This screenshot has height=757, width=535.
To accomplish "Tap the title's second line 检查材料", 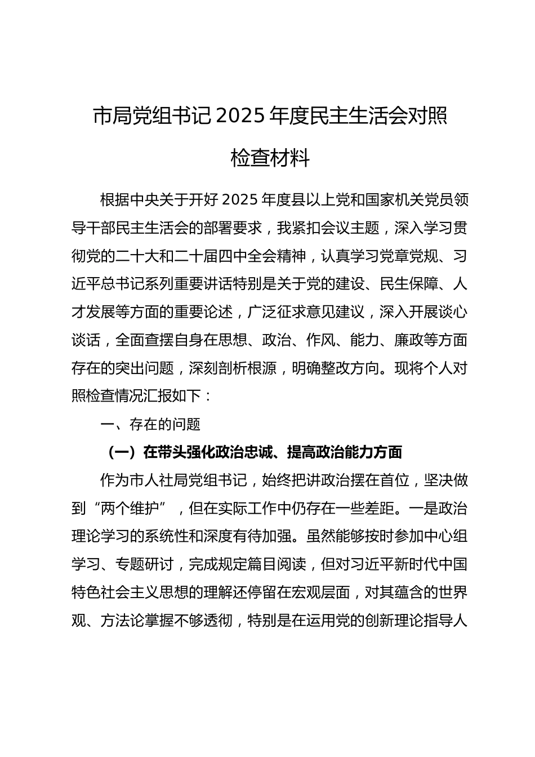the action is point(270,159).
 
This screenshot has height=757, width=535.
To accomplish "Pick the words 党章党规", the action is point(401,256).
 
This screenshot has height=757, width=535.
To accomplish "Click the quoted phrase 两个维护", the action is point(130,509).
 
